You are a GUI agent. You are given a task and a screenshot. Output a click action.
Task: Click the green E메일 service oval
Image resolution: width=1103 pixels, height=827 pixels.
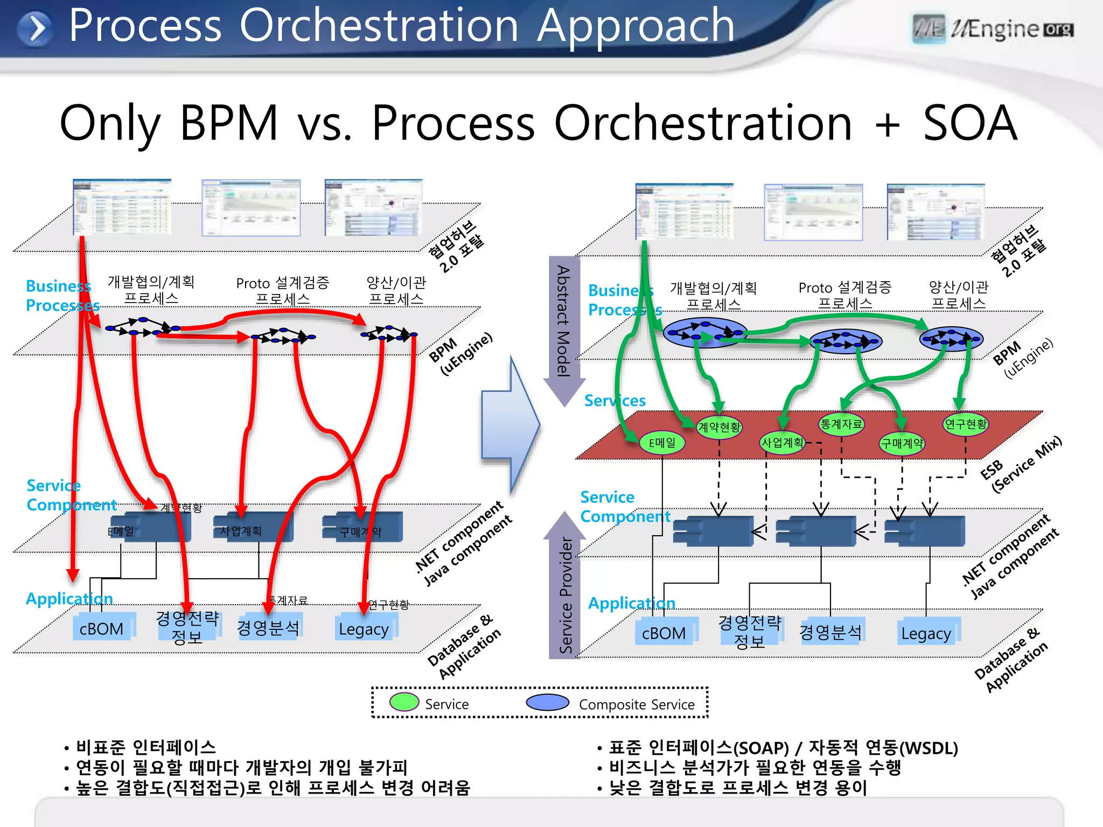pyautogui.click(x=662, y=443)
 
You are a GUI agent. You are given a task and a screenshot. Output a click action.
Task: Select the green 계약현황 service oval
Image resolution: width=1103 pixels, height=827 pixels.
pyautogui.click(x=719, y=427)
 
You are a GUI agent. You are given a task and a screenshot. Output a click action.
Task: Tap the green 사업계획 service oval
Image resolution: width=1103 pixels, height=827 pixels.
pyautogui.click(x=782, y=443)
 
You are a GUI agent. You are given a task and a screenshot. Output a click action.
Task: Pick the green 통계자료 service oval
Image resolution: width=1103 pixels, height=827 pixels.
pyautogui.click(x=841, y=424)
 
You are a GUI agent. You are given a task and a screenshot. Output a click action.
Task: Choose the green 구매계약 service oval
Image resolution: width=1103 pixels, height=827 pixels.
pyautogui.click(x=902, y=444)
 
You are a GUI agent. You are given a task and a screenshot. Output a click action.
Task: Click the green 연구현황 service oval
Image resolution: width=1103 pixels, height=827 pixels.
pyautogui.click(x=966, y=424)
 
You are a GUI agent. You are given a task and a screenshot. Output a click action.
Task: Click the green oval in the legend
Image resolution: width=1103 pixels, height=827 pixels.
pyautogui.click(x=404, y=702)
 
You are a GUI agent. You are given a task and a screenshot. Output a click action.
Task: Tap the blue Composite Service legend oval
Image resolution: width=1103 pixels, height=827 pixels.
pyautogui.click(x=547, y=702)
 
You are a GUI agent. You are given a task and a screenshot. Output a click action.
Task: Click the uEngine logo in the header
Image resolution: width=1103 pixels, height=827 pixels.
pyautogui.click(x=993, y=29)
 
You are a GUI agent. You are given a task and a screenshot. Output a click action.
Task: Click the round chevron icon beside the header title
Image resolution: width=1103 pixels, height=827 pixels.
pyautogui.click(x=34, y=28)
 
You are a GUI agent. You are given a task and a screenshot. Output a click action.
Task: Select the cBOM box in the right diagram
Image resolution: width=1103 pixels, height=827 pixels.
pyautogui.click(x=664, y=633)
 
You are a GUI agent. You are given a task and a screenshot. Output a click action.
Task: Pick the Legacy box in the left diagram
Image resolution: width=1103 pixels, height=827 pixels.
pyautogui.click(x=364, y=629)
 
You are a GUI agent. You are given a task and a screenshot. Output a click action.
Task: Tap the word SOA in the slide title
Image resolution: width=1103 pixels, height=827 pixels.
pyautogui.click(x=969, y=123)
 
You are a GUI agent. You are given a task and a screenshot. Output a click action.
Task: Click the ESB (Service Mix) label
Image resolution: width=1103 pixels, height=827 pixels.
pyautogui.click(x=1020, y=464)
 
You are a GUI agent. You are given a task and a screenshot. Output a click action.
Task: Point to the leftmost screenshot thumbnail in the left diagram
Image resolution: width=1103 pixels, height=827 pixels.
pyautogui.click(x=122, y=207)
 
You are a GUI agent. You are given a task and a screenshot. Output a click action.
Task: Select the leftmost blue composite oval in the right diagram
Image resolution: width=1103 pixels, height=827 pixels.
pyautogui.click(x=704, y=332)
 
